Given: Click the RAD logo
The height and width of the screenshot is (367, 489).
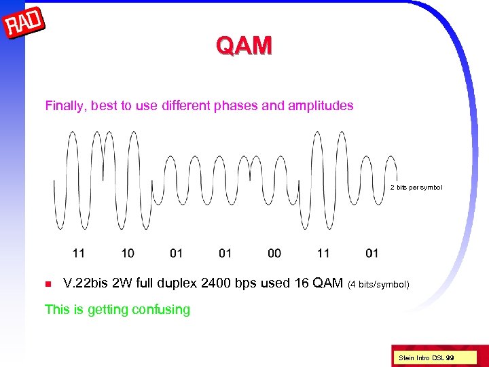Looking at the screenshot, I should tap(24, 24).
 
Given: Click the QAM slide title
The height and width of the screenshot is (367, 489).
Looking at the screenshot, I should tap(244, 46).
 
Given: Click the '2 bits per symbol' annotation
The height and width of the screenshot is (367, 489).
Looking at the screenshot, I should tap(416, 188).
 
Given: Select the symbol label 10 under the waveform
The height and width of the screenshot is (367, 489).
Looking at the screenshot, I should tap(128, 254).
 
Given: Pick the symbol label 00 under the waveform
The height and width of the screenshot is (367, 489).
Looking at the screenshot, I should tap(274, 254).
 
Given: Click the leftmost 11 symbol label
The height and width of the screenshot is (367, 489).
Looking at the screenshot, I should tap(79, 254).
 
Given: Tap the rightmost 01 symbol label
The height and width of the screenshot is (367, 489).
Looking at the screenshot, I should tap(372, 254).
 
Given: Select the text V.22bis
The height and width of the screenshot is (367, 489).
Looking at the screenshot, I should tap(84, 283).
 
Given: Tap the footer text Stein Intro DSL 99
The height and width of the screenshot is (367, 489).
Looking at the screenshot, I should tap(427, 357).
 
